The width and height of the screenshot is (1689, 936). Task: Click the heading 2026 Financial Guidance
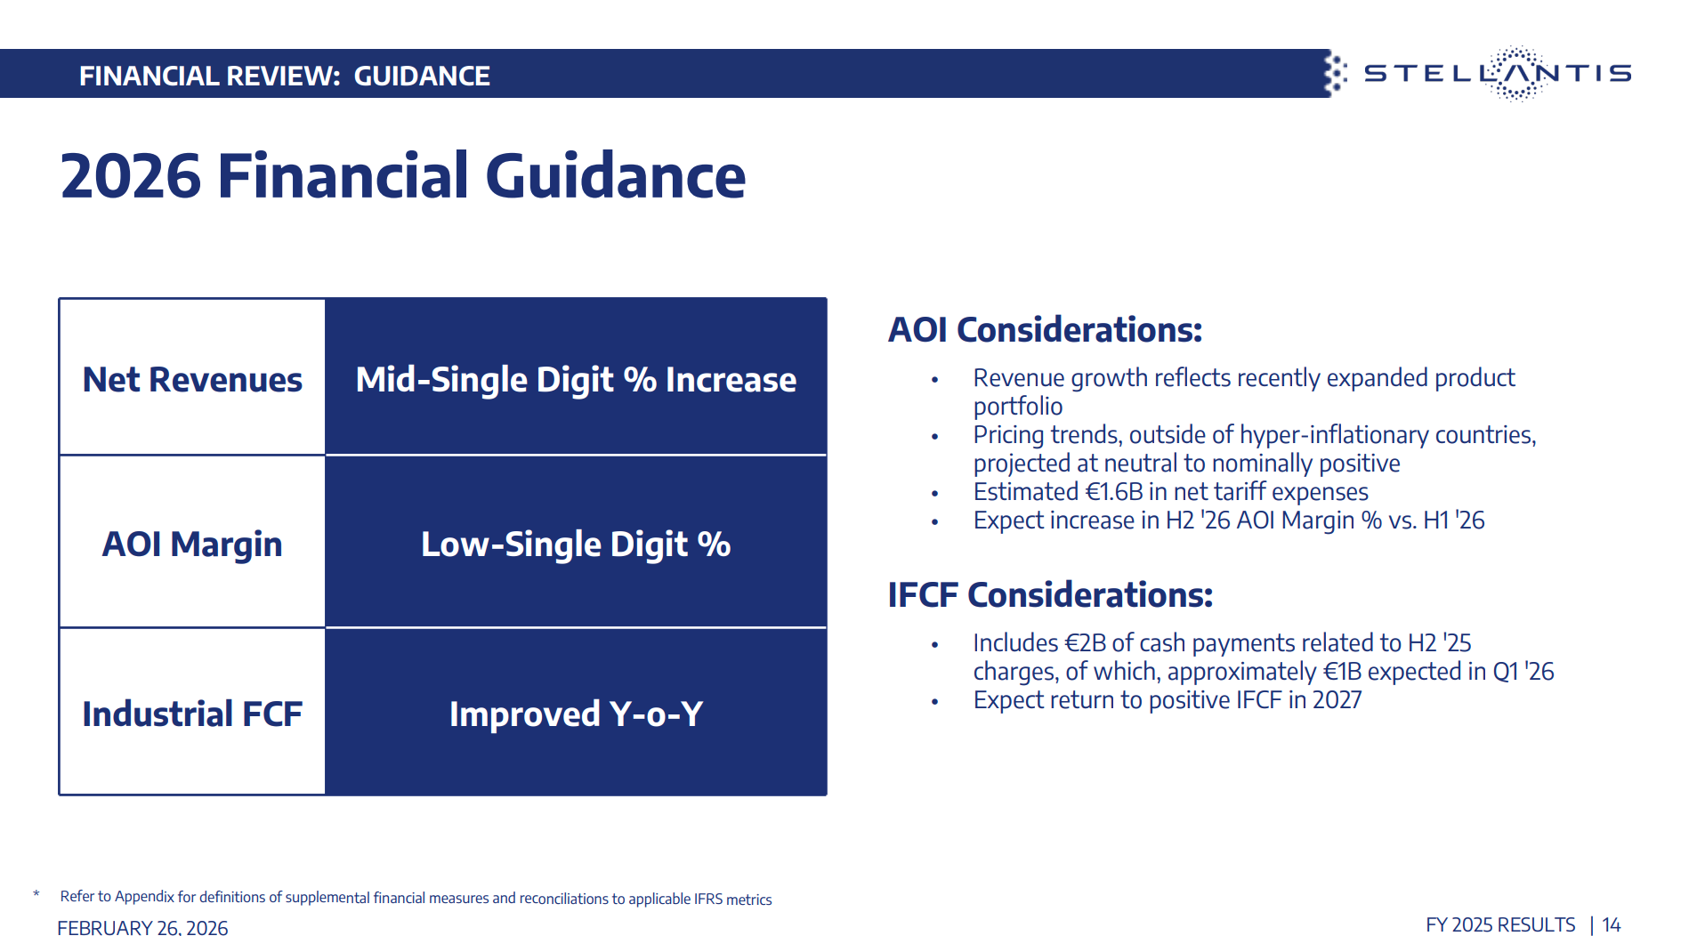click(403, 175)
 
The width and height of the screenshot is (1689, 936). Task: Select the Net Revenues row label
click(192, 380)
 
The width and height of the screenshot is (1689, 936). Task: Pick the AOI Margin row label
click(192, 545)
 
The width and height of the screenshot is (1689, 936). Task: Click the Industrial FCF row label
click(192, 714)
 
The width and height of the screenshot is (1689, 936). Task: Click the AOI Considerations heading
click(1045, 330)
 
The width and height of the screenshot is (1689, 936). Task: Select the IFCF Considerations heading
click(1050, 595)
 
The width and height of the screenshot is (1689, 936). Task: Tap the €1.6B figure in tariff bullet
click(1114, 492)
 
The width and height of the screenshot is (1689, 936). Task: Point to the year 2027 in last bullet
click(1337, 700)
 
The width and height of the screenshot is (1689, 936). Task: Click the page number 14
click(1612, 925)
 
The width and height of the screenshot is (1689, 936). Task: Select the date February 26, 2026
click(142, 928)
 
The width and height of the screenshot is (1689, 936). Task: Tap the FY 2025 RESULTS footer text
click(1500, 925)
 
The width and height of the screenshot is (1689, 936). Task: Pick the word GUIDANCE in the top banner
click(422, 76)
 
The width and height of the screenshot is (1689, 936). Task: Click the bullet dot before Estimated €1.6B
click(934, 494)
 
